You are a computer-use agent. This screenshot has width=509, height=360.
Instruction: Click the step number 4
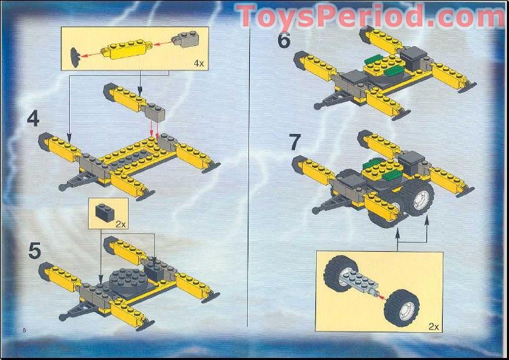click(x=33, y=119)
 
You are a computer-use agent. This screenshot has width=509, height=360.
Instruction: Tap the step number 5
click(x=34, y=250)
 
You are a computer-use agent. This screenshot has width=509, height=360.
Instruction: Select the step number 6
click(x=284, y=40)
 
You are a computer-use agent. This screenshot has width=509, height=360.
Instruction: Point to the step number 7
click(x=294, y=143)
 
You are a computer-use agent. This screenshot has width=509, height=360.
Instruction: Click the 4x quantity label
click(x=198, y=63)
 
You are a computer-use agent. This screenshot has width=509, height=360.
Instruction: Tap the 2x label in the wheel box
click(x=434, y=326)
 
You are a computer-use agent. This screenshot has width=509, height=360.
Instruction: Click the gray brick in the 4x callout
click(x=186, y=39)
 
